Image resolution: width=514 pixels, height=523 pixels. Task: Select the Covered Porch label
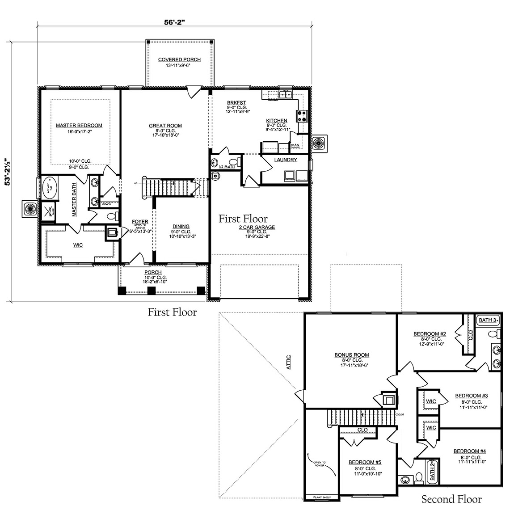click(x=179, y=59)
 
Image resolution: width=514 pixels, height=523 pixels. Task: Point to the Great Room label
click(x=165, y=126)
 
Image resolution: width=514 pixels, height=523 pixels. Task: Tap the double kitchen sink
click(x=285, y=94)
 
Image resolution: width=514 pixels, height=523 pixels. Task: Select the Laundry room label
click(x=286, y=160)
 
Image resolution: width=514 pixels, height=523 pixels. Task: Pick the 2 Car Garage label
click(x=257, y=227)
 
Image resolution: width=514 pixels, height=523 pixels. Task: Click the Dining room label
click(x=181, y=227)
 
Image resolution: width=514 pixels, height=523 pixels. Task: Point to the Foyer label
click(x=140, y=222)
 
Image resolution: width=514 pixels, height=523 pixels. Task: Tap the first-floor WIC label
click(x=78, y=245)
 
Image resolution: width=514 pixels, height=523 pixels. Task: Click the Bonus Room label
click(x=352, y=355)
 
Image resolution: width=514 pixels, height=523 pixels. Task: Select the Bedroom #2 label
click(x=430, y=333)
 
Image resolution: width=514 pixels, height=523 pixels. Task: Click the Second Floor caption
click(x=451, y=499)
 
